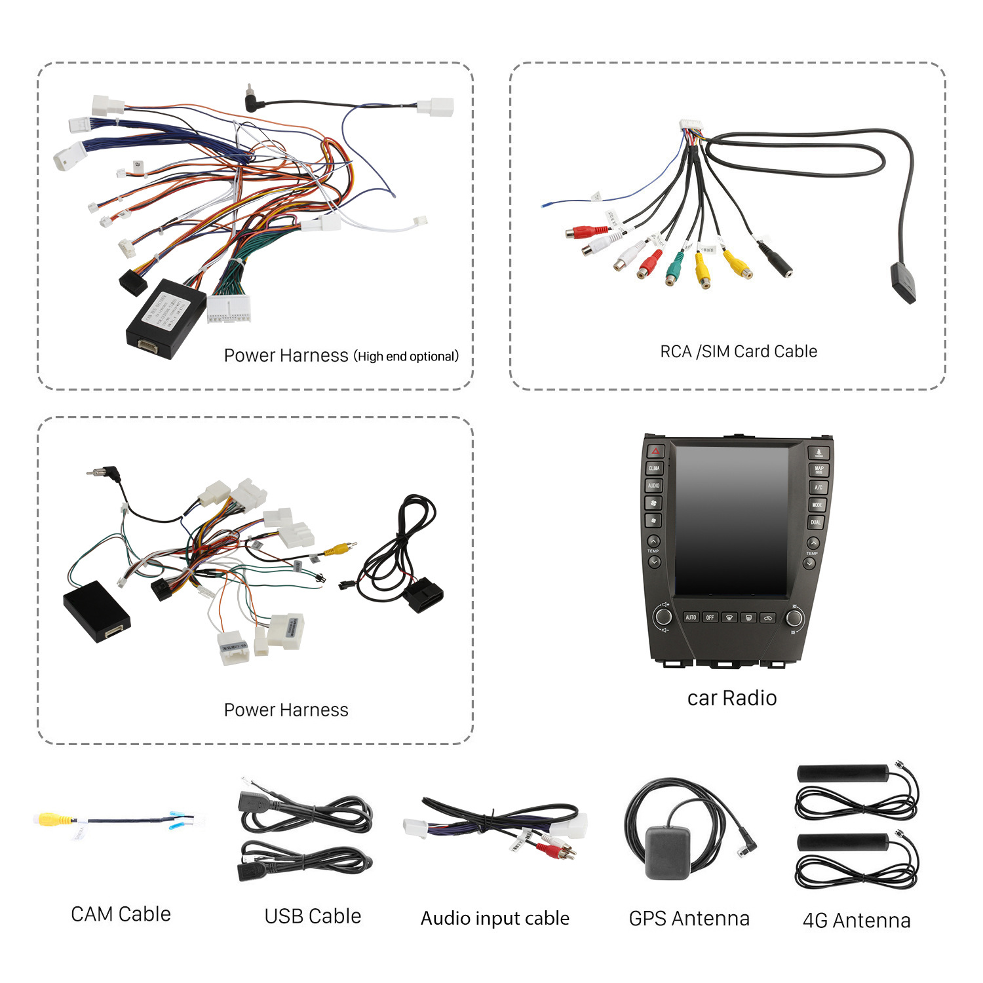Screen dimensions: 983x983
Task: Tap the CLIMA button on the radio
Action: click(655, 469)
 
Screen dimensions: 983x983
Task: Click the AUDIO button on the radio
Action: click(654, 486)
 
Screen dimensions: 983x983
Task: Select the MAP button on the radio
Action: click(819, 469)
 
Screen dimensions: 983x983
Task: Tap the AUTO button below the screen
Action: click(691, 617)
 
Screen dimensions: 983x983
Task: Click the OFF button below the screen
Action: click(710, 617)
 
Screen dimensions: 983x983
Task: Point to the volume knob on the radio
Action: click(663, 616)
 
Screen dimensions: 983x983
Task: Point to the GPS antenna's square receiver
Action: click(668, 851)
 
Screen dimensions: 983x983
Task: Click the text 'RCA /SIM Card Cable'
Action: click(739, 352)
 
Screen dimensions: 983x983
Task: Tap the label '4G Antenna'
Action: click(857, 920)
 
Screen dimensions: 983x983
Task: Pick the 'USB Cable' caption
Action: click(313, 916)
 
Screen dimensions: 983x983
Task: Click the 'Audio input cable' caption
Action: click(495, 918)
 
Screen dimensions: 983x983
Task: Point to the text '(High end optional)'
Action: click(406, 357)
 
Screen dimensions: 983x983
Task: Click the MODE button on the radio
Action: click(817, 505)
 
